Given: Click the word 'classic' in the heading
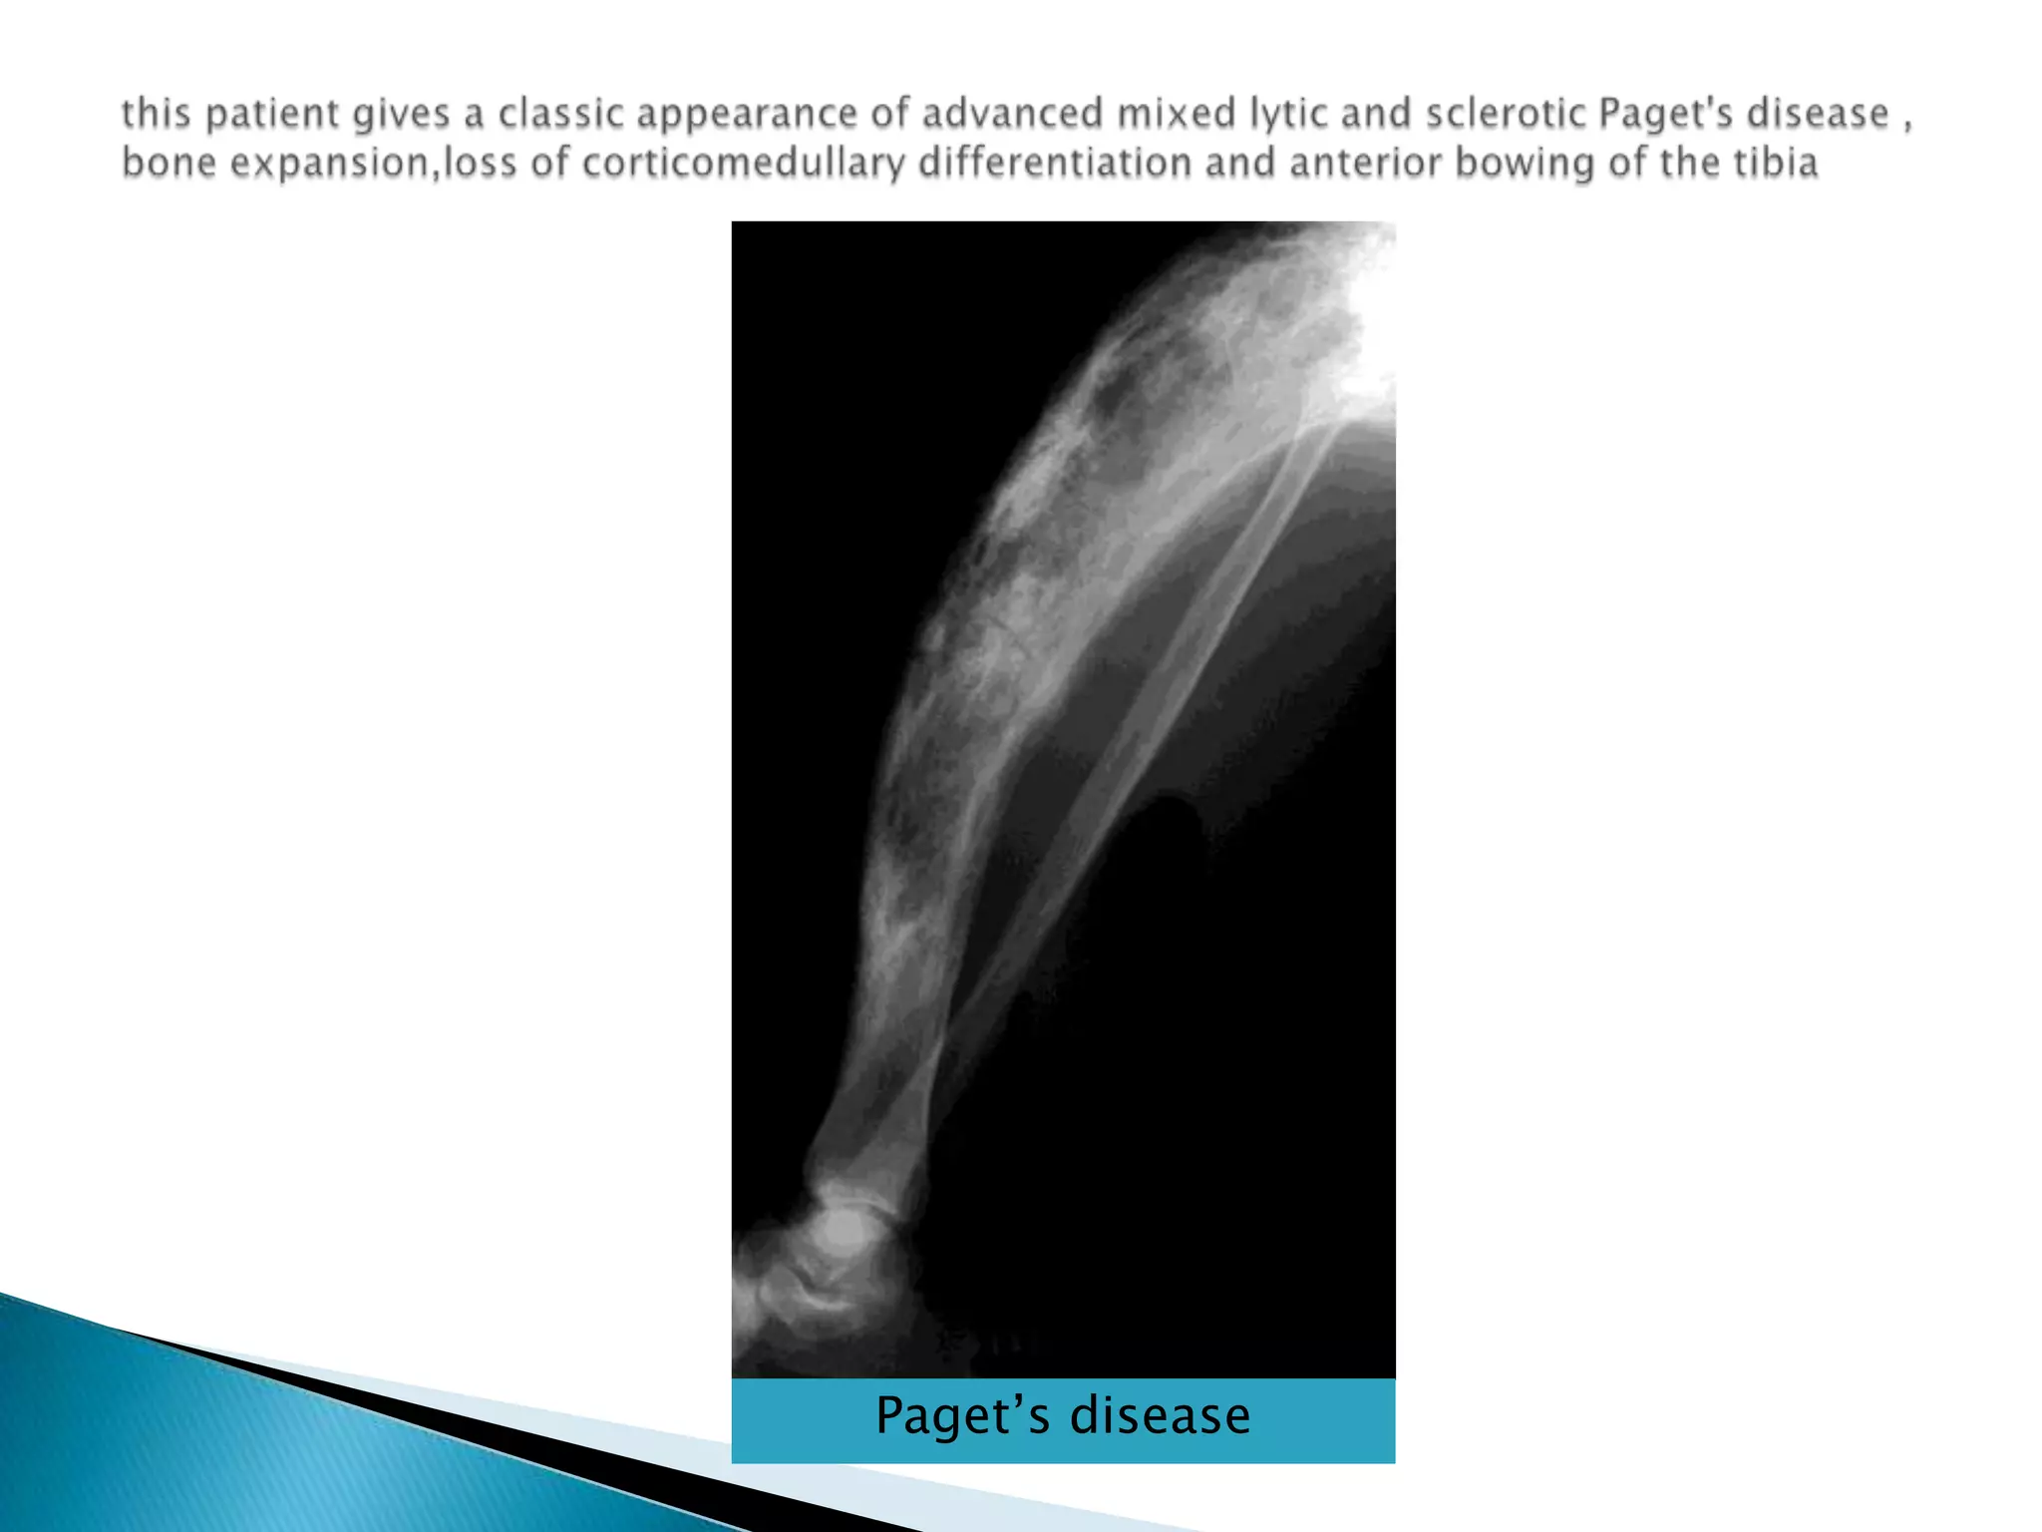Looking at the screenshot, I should (x=560, y=114).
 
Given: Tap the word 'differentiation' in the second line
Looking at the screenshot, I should (x=1054, y=164).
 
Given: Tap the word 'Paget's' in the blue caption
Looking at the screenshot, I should (x=962, y=1416).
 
